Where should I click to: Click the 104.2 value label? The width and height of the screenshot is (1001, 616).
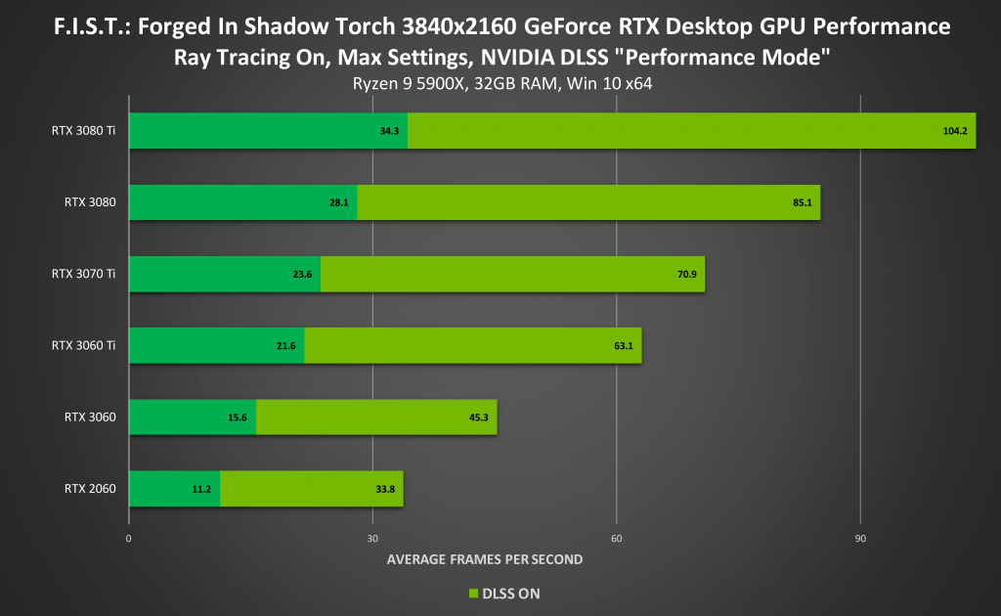point(954,131)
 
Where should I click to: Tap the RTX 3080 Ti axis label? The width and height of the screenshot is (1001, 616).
point(83,130)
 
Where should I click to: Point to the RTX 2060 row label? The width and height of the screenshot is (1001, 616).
point(90,489)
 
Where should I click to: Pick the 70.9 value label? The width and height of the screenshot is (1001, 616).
point(685,275)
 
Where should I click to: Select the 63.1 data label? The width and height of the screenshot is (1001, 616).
point(623,346)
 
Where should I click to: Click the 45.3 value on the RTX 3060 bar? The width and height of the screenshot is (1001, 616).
point(478,418)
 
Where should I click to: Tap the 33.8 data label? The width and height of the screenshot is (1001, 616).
point(385,489)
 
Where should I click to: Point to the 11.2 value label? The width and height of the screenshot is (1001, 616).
point(201,489)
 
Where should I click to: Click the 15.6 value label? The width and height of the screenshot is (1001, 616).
point(238,418)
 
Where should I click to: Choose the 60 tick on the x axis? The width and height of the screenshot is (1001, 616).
point(616,538)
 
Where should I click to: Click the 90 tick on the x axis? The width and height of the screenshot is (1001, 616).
point(860,538)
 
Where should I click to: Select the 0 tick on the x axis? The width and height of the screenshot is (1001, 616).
point(129,538)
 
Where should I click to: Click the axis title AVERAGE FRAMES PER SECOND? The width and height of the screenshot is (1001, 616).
point(485,559)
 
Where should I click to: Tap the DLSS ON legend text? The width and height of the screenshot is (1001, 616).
point(509,593)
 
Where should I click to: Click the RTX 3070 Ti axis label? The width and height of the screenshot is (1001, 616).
point(83,274)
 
